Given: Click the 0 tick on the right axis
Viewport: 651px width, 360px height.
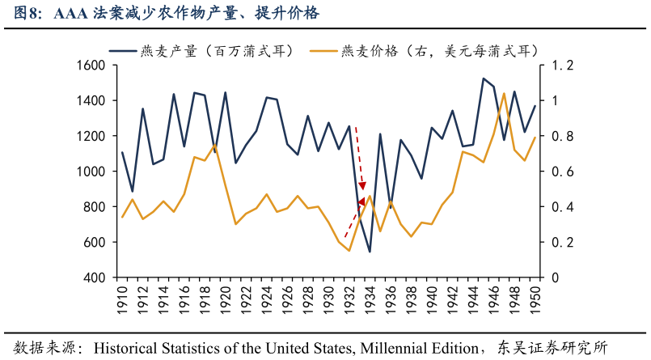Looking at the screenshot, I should coord(556,277).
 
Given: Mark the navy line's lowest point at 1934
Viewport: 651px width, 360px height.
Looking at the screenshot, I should coord(370,252).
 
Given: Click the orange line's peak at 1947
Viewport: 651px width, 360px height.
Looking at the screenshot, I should coord(504,93).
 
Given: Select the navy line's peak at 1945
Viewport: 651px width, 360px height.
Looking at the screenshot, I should coord(484,78).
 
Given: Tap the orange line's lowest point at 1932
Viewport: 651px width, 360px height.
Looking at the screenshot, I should coord(349,251).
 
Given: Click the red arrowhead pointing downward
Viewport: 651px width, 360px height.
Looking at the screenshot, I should coord(362,185).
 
